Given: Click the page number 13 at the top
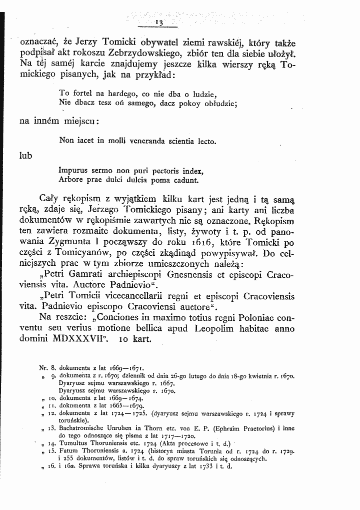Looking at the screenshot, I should click(160, 23).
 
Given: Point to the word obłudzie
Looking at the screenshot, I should click(220, 104).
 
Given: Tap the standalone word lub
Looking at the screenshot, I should click(25, 156).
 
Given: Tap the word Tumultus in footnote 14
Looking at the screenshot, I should click(74, 444).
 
